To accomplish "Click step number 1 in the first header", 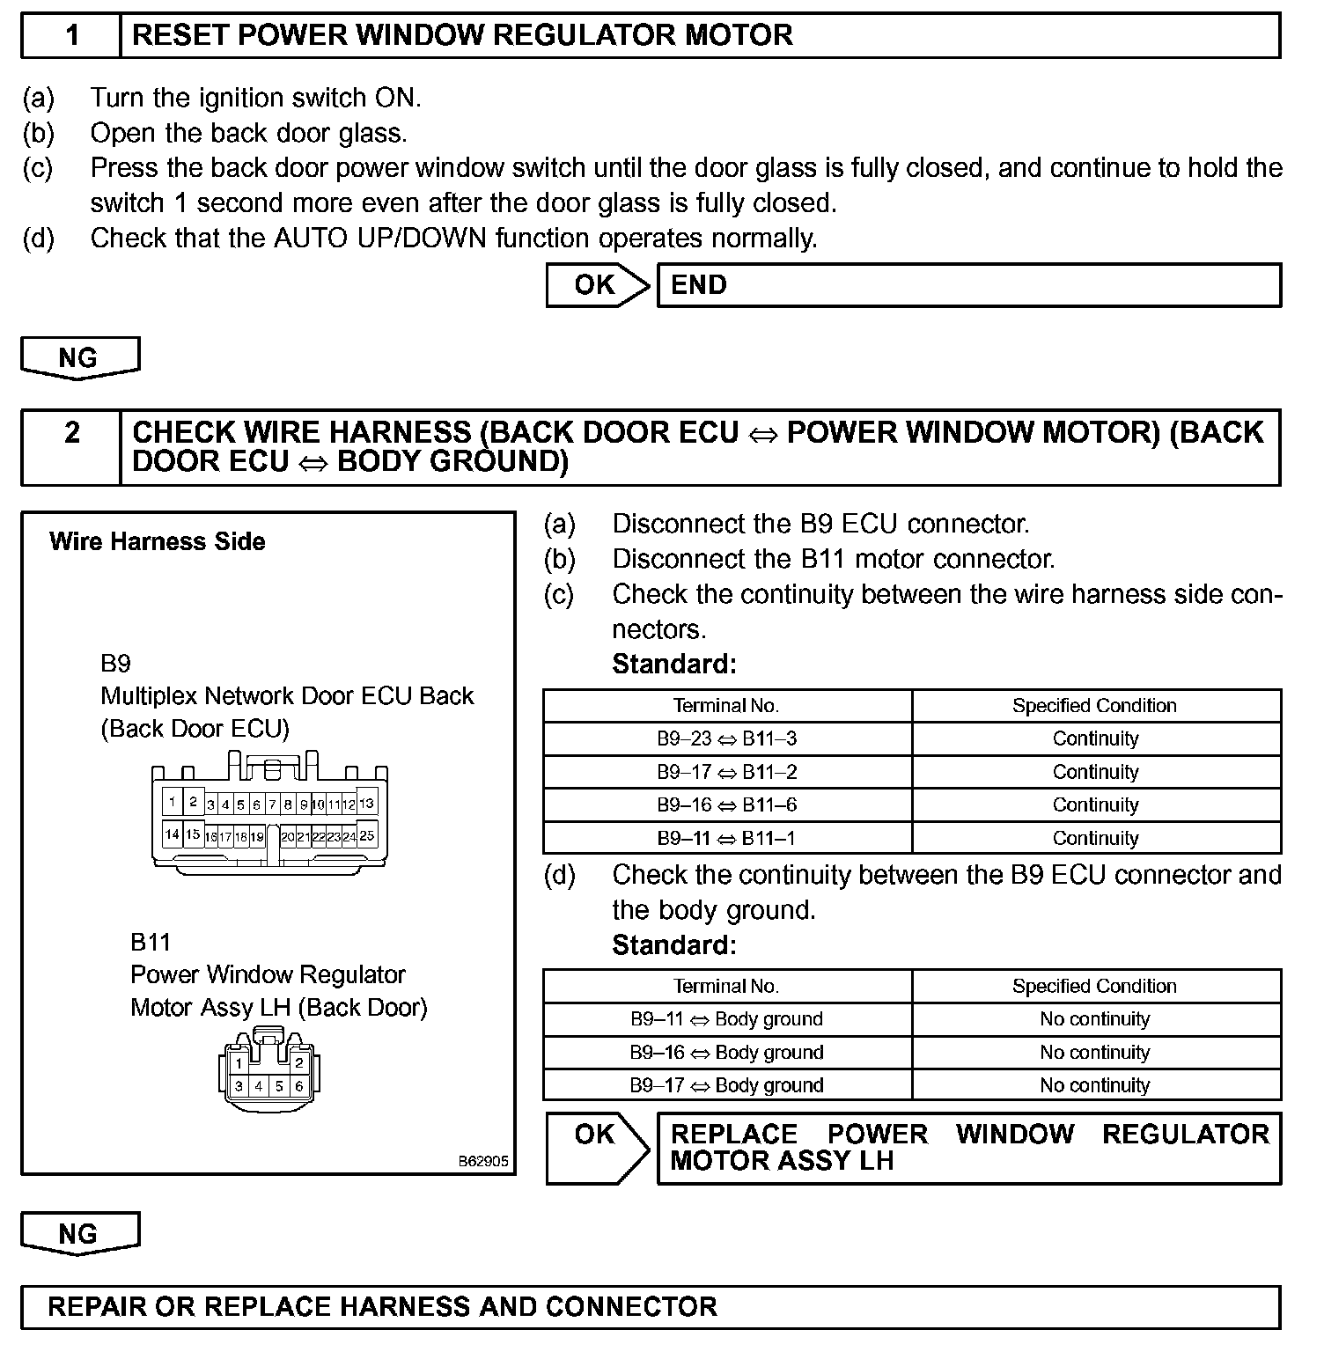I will tap(72, 35).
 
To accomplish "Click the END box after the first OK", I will tap(968, 285).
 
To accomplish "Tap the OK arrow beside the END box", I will tap(597, 285).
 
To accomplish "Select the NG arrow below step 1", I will tap(79, 358).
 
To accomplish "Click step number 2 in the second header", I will tap(72, 433).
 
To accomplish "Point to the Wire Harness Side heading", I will tap(158, 541).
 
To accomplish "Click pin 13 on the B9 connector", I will tap(367, 803).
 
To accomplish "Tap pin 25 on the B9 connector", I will tap(367, 835).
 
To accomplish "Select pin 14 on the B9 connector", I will tap(172, 834).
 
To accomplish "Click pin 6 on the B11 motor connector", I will tap(299, 1086).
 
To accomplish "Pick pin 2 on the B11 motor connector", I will tap(299, 1062).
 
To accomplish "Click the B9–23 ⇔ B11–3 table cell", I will tap(727, 739).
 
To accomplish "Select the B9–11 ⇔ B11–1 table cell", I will tap(727, 838).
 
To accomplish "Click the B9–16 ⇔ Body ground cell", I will tap(727, 1053).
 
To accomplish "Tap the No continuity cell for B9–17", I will tap(1095, 1085).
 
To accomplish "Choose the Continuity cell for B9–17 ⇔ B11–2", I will tap(1095, 772).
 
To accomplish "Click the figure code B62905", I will tap(483, 1161).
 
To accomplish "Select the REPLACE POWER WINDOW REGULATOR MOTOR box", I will tap(968, 1148).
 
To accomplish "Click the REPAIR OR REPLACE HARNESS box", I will tap(650, 1307).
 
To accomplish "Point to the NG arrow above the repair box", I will tap(79, 1234).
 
